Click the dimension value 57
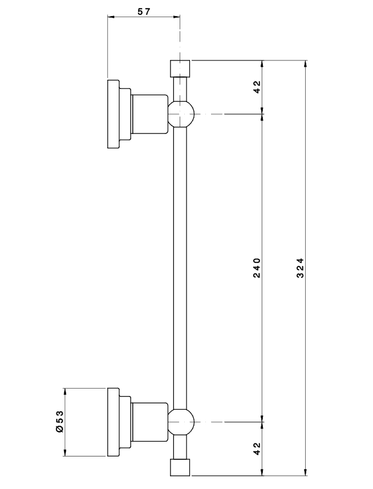pyautogui.click(x=143, y=11)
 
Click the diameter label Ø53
pyautogui.click(x=59, y=423)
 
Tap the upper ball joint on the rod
pyautogui.click(x=181, y=114)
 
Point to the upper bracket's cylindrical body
pyautogui.click(x=149, y=114)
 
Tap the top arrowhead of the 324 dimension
pyautogui.click(x=306, y=63)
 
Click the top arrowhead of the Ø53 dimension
pyautogui.click(x=65, y=392)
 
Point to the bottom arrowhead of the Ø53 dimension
pyautogui.click(x=65, y=454)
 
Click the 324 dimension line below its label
pyautogui.click(x=306, y=371)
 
